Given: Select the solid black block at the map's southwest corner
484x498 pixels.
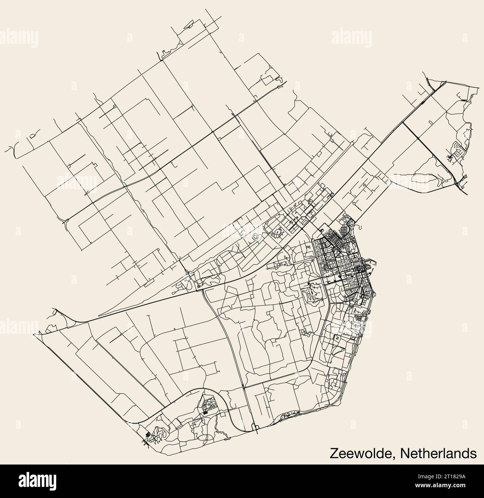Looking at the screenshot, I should point(148,434).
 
